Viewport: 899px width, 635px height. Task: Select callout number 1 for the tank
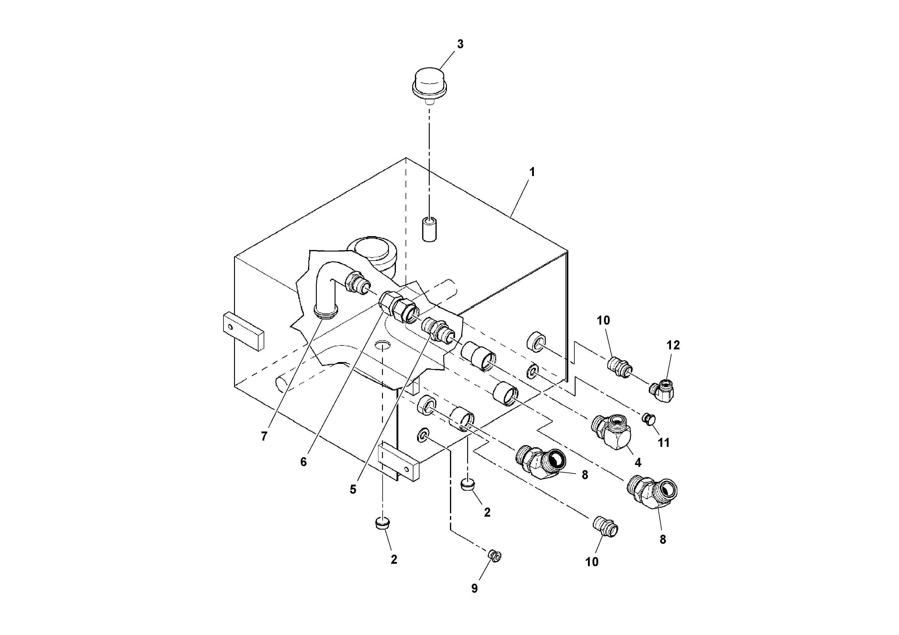[532, 172]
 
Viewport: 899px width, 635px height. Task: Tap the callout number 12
[673, 345]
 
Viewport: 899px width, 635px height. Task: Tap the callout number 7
[264, 437]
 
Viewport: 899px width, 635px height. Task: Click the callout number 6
[303, 462]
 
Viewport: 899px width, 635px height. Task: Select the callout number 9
[474, 588]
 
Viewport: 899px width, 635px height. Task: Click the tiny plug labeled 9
[495, 556]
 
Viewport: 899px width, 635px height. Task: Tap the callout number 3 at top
[460, 45]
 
